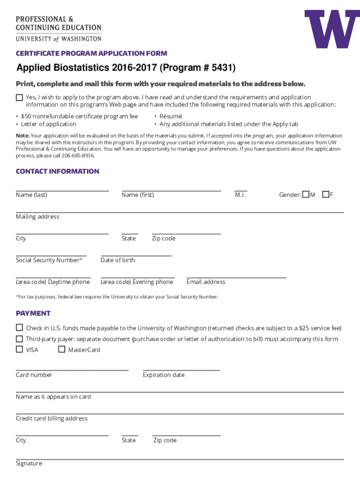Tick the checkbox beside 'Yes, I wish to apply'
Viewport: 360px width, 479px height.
19,97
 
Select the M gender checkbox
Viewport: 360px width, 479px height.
306,194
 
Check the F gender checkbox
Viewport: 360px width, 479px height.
326,194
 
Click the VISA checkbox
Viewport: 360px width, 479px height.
19,349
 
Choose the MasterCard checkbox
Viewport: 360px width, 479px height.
62,349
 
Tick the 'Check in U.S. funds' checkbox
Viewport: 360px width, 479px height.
19,327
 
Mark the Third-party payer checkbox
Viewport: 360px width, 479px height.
19,339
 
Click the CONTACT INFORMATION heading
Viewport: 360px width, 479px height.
58,171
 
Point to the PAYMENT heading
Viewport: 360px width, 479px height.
33,313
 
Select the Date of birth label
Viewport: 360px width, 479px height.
117,260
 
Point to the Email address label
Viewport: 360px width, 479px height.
206,282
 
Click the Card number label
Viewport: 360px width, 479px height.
34,375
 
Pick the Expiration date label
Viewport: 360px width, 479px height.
164,375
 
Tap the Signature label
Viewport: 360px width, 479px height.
29,463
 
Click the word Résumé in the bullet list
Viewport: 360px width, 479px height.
171,116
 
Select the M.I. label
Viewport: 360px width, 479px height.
240,195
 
